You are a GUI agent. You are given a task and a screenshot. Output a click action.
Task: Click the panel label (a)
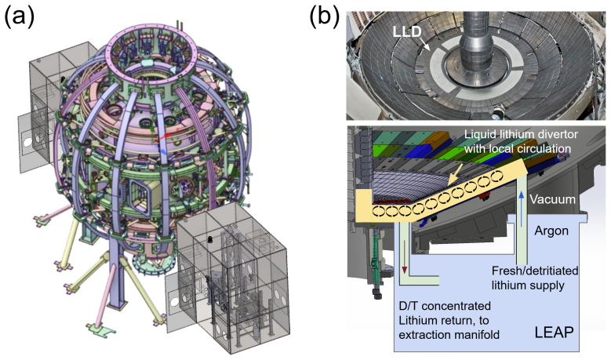pyautogui.click(x=20, y=17)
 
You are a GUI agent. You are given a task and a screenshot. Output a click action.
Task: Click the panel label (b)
pyautogui.click(x=325, y=17)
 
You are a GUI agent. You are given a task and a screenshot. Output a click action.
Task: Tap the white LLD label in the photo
pyautogui.click(x=407, y=31)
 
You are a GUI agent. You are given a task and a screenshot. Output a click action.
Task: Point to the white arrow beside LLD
pyautogui.click(x=426, y=45)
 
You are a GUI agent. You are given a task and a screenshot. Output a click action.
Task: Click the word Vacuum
pyautogui.click(x=552, y=199)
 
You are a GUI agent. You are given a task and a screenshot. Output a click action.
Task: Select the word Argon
pyautogui.click(x=551, y=231)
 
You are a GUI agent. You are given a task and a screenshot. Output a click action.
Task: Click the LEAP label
pyautogui.click(x=554, y=333)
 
